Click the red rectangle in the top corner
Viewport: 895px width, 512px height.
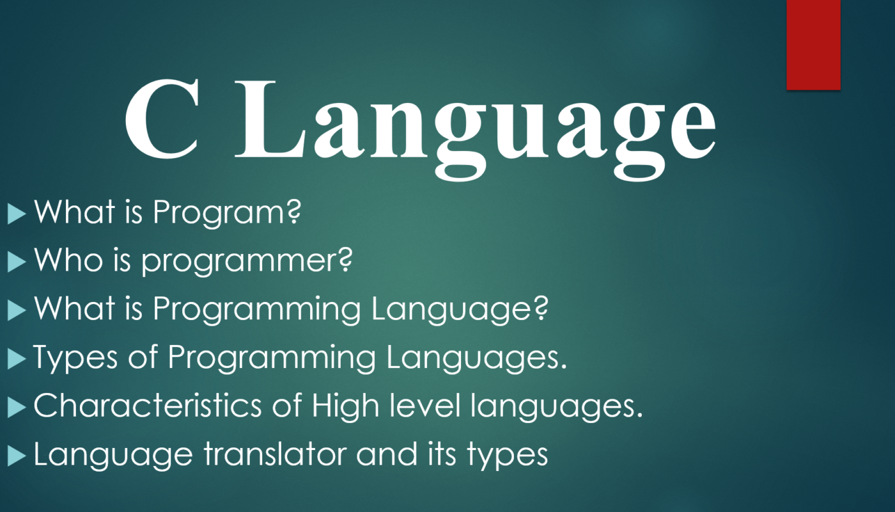(813, 45)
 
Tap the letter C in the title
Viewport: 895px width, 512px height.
(162, 118)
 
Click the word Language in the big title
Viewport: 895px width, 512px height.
(476, 129)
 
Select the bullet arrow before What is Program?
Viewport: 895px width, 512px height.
(17, 214)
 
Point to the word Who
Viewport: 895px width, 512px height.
(68, 260)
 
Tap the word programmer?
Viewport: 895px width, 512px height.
(247, 262)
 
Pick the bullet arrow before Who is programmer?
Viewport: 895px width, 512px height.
(17, 262)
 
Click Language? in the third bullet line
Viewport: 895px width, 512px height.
(460, 310)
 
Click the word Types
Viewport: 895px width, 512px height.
(75, 358)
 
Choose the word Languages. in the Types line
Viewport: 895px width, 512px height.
(477, 358)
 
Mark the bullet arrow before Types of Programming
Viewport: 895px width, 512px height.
(17, 359)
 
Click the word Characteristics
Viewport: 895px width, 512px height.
(148, 405)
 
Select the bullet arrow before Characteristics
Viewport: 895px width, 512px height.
(17, 408)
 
